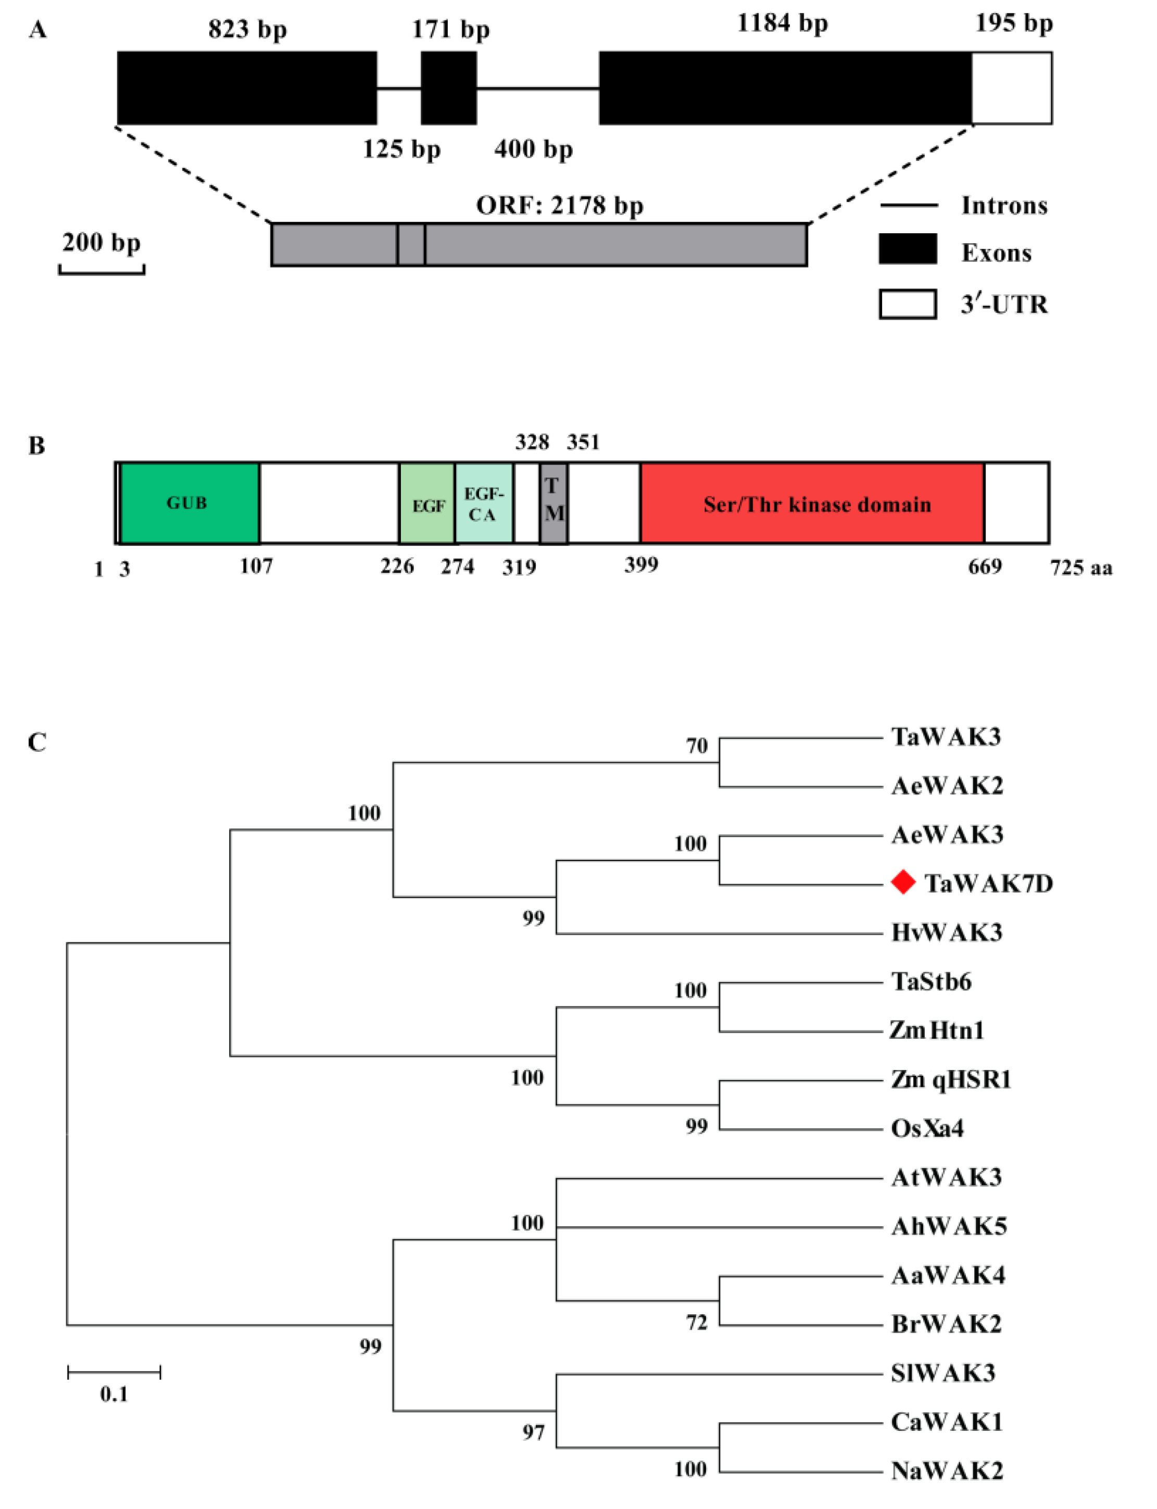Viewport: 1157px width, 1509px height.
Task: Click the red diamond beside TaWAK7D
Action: pyautogui.click(x=903, y=882)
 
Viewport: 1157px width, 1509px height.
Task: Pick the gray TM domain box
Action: pyautogui.click(x=554, y=503)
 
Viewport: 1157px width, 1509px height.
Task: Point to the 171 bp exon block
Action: pyautogui.click(x=448, y=88)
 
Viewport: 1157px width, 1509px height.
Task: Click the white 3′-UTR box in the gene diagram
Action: pyautogui.click(x=1012, y=88)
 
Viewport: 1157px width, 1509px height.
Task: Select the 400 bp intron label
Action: pyautogui.click(x=533, y=149)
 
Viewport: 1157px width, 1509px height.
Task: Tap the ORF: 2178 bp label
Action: pyautogui.click(x=559, y=205)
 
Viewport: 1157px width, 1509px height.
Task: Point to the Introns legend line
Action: pyautogui.click(x=909, y=205)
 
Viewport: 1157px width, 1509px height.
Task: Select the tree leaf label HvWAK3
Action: pyautogui.click(x=946, y=932)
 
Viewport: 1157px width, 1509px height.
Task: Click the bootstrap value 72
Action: pyautogui.click(x=696, y=1323)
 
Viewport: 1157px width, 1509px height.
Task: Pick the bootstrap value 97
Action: pyautogui.click(x=533, y=1432)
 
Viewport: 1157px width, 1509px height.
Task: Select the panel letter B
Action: pyautogui.click(x=36, y=446)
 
